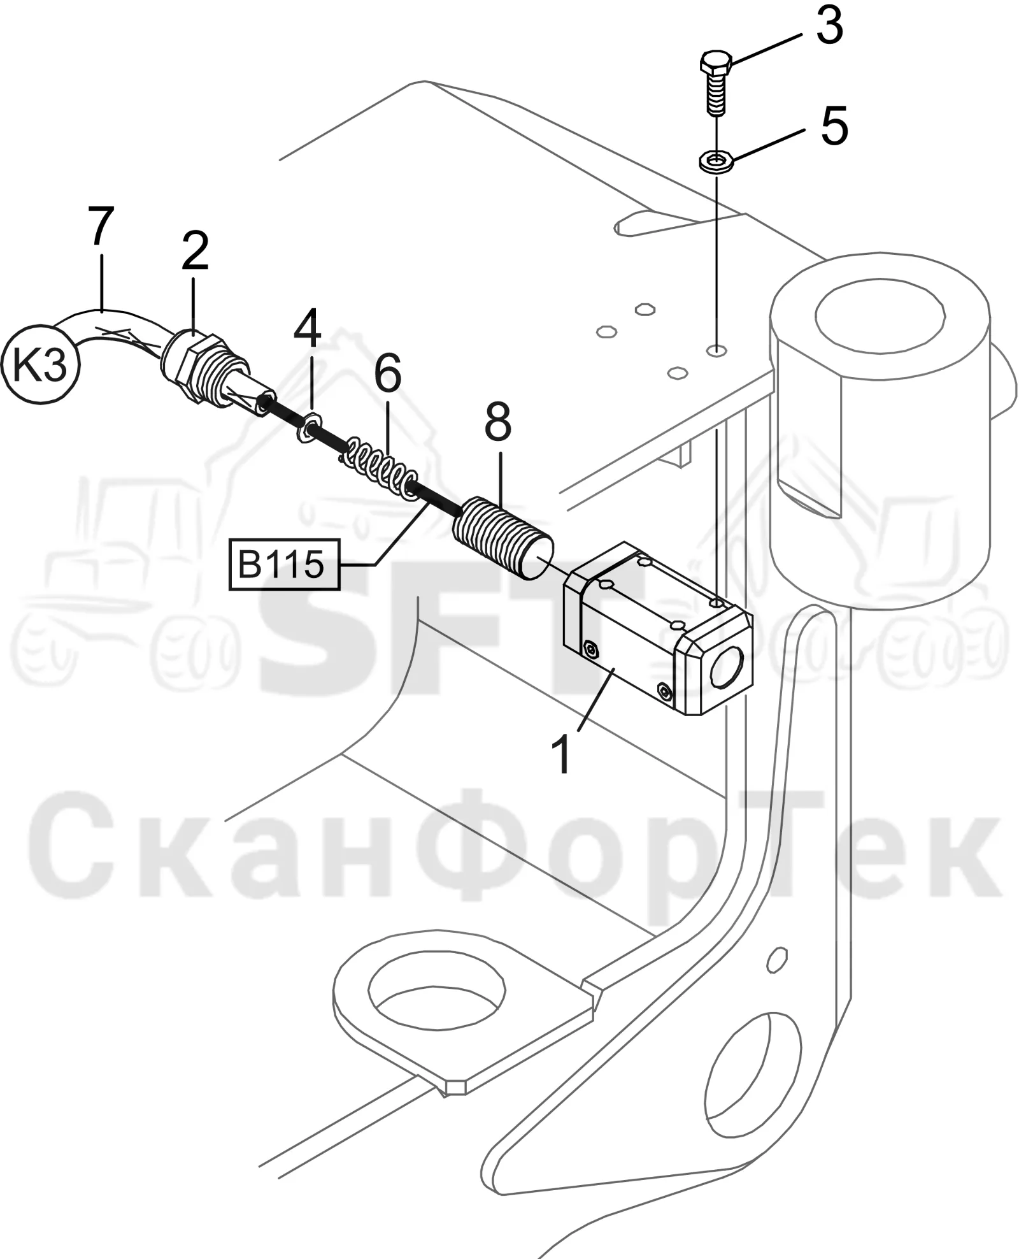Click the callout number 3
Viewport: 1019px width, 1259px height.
coord(829,26)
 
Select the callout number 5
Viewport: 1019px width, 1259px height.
coord(834,126)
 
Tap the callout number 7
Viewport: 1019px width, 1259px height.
coord(101,226)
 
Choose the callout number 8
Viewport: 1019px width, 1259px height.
coord(497,421)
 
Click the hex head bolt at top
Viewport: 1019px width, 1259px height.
coord(716,83)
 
